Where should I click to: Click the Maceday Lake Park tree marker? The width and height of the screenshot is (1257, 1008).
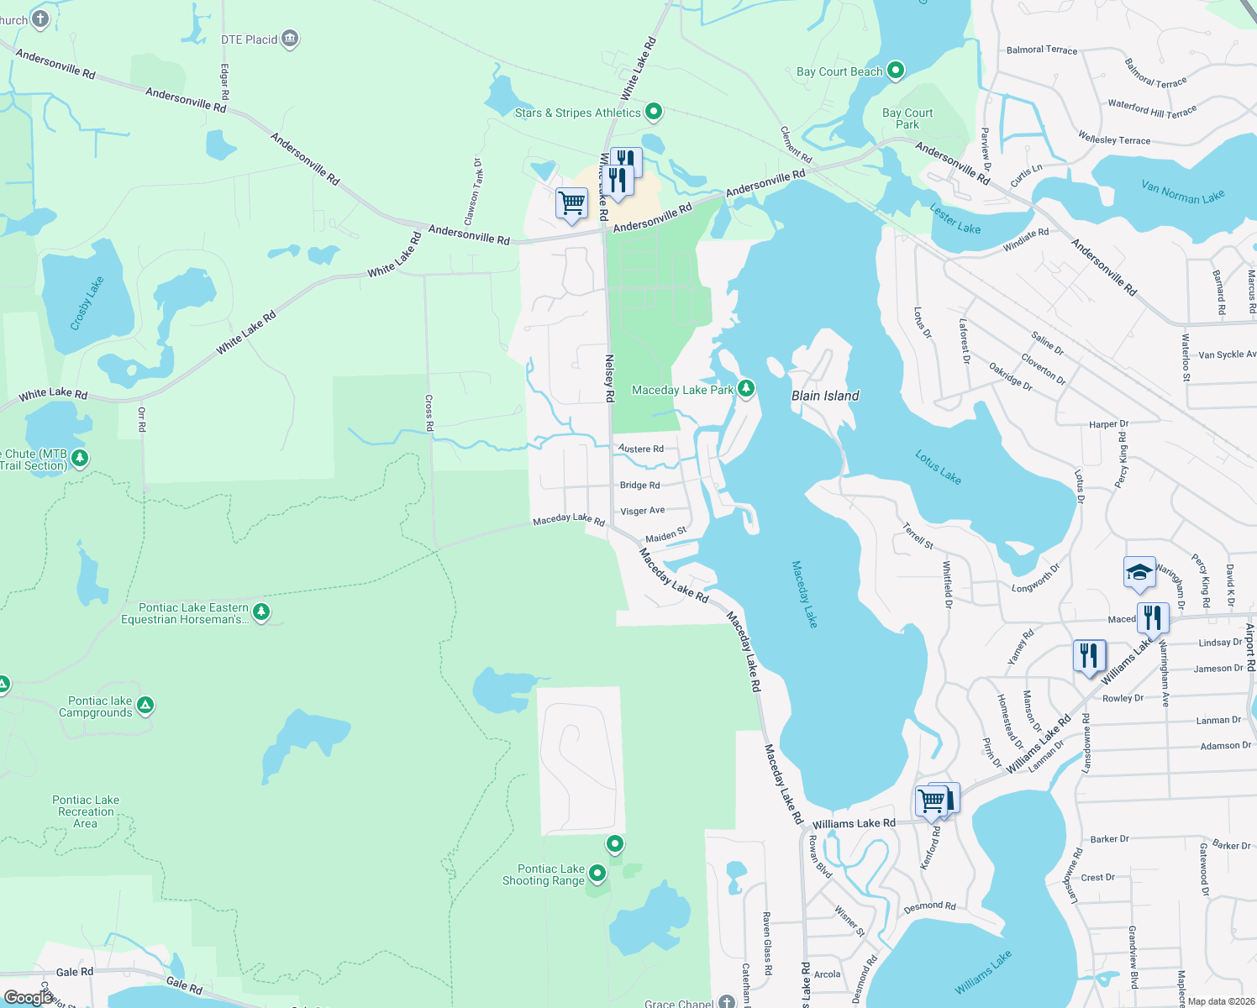point(745,389)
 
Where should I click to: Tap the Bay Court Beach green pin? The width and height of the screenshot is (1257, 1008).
point(896,71)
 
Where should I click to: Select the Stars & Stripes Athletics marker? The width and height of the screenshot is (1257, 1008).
point(654,112)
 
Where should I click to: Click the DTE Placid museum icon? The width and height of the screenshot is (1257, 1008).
point(290,39)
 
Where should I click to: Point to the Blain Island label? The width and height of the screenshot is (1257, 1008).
point(825,396)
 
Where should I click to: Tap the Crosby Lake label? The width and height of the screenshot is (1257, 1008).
point(87,303)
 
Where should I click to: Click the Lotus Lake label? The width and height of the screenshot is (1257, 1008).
point(938,467)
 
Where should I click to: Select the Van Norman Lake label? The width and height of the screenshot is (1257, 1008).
point(1182,192)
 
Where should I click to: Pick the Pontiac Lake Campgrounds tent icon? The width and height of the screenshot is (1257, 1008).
point(145,705)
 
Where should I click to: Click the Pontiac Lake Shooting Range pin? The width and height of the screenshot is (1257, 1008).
point(597,874)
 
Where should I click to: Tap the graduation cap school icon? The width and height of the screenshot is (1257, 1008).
point(1139,573)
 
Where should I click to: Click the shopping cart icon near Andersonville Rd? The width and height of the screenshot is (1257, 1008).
point(572,202)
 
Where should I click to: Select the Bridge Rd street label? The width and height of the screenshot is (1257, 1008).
point(639,486)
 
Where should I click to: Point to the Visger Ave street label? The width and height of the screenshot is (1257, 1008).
point(642,511)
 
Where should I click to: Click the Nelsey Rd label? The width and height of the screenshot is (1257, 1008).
point(610,378)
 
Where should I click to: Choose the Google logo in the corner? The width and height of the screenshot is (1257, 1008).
point(29,997)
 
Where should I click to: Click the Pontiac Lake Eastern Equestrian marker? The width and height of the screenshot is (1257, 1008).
point(261,612)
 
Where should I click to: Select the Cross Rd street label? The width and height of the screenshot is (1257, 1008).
point(429,413)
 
